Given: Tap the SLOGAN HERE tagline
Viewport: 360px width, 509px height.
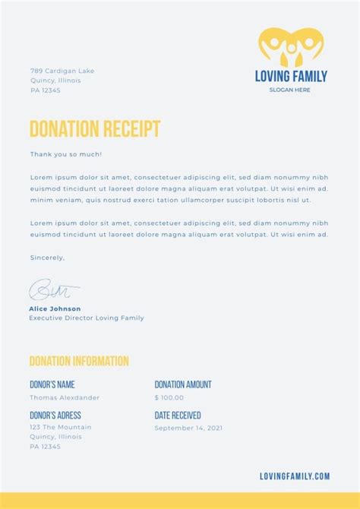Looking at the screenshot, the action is pos(289,90).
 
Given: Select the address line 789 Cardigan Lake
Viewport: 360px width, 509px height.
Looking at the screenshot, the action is pos(62,71).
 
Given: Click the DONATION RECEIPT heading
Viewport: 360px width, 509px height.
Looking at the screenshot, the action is pos(94,128).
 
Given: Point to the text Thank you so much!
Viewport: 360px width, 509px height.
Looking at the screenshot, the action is pos(66,154).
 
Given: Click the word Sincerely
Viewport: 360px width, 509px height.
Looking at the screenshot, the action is pos(47,258).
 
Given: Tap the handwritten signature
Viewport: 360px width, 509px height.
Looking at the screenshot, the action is pos(53,289).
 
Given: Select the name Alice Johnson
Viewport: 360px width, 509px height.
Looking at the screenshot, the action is pos(55,308).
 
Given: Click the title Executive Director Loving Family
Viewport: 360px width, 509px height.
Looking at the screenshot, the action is pos(87,318).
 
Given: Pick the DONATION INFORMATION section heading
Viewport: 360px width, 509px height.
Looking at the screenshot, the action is pos(79,362).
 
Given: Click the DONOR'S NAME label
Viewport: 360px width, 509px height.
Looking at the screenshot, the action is pos(52,384).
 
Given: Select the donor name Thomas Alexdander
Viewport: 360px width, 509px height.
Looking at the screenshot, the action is pos(65,397).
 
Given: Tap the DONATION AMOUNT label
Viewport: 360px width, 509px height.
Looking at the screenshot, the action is pos(183,384).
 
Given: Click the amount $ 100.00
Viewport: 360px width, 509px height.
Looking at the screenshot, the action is pos(169,397).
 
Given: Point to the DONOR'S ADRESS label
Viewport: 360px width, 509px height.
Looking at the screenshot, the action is pos(55,415).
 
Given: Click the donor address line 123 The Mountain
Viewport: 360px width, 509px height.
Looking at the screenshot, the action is pos(61,427).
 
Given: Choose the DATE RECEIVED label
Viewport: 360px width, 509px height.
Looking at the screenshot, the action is pos(178,415).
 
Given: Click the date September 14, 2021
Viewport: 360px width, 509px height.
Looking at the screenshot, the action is pos(188,428).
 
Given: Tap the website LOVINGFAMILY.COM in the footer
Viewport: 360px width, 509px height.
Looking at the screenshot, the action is pos(295,476).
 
